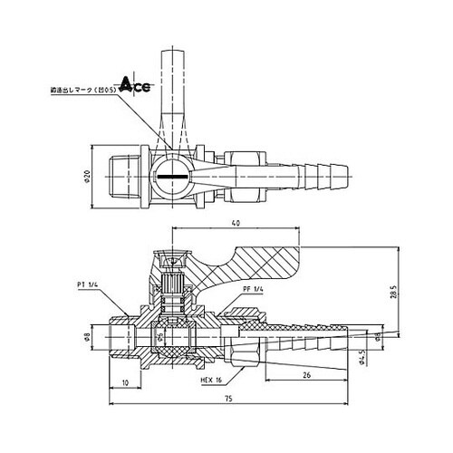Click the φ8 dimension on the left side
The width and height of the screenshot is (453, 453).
point(88,339)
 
